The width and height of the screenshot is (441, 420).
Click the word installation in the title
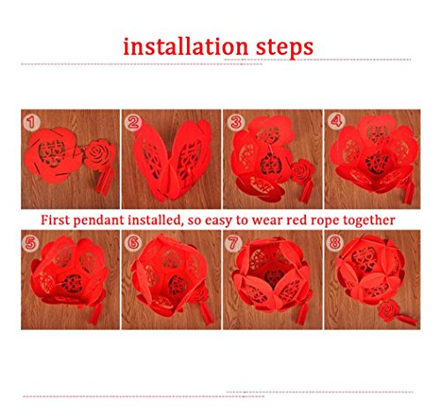pos(186,47)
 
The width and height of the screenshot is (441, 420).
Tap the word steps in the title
pos(284,49)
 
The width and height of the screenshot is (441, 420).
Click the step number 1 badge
pos(32,122)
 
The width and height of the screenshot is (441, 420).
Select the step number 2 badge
pos(133,122)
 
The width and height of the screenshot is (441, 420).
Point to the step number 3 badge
pos(235,122)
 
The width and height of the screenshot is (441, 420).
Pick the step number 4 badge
pos(337,121)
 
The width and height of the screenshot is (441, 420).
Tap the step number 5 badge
pos(30,244)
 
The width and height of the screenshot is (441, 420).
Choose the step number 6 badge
pos(133,243)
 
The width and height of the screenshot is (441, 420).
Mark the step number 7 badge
pos(233,243)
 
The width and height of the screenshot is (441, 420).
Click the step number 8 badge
pos(335,243)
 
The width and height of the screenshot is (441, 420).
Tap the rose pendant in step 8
pos(389,311)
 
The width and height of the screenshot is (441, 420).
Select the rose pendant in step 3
pos(303,172)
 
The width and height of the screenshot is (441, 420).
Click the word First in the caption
pos(55,220)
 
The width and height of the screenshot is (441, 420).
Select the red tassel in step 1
pos(104,180)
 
